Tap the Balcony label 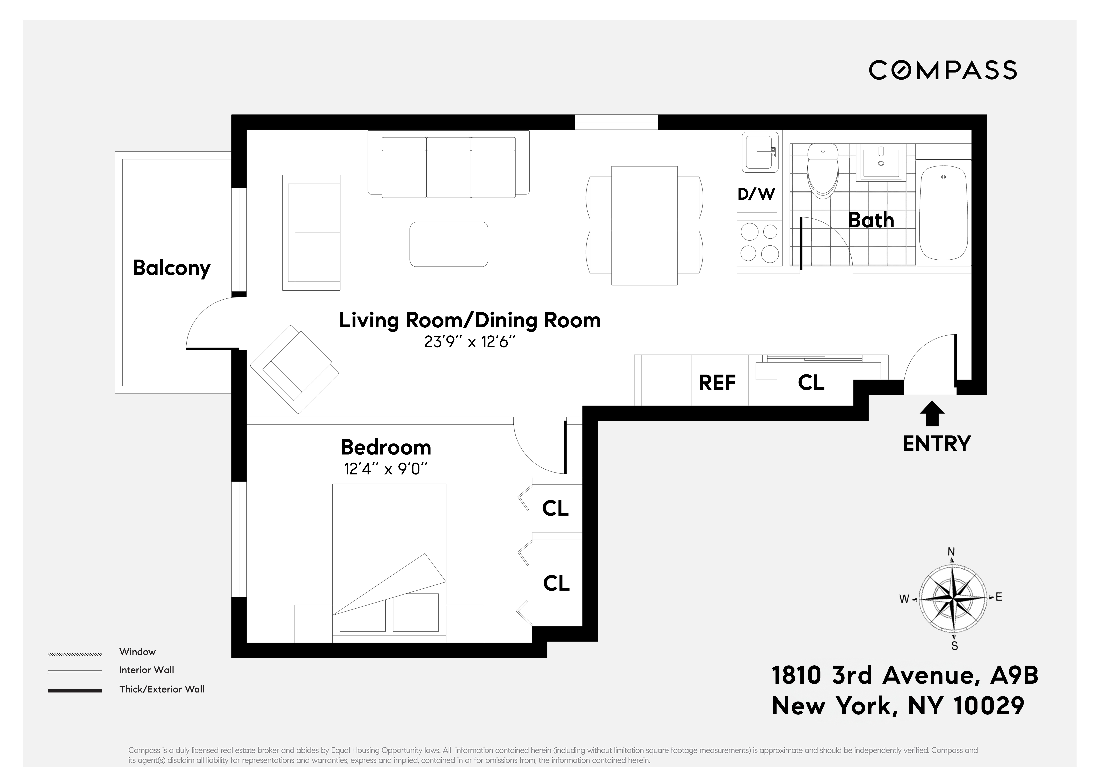point(171,268)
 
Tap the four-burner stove point(759,243)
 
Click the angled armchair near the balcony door point(294,369)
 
